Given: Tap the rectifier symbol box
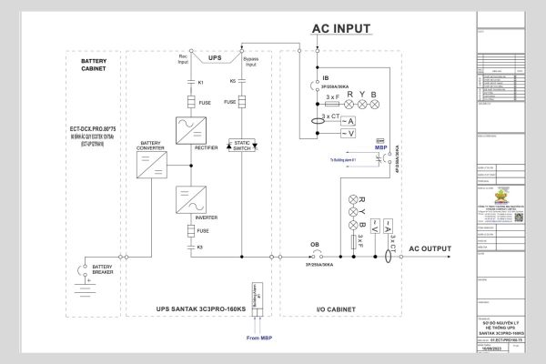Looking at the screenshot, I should [192, 128].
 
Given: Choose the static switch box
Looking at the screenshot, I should [243, 145].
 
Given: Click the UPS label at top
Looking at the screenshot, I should [215, 56].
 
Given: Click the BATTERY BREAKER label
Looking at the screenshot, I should [100, 269].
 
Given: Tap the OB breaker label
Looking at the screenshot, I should [315, 245].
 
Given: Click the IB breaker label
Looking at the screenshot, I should [325, 79].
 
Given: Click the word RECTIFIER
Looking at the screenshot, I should [206, 144].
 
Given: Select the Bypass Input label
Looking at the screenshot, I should [251, 63].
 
